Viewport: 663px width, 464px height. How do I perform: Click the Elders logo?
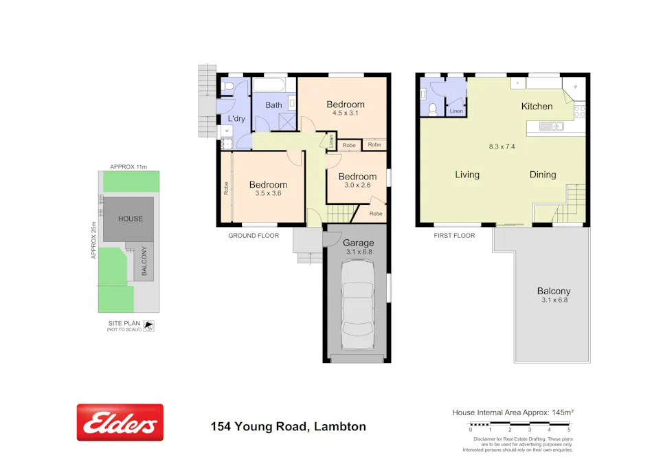click(x=120, y=422)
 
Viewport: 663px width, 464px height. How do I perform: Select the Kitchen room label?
click(x=537, y=107)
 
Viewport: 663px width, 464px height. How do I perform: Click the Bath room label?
click(x=273, y=105)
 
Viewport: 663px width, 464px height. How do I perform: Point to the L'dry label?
click(x=236, y=119)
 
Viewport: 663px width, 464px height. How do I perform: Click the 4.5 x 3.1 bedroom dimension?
click(x=345, y=113)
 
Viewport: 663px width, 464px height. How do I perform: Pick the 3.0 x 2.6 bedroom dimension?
click(x=357, y=185)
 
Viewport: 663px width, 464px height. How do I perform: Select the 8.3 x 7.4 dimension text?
click(x=502, y=146)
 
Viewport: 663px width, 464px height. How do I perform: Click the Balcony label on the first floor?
click(x=554, y=291)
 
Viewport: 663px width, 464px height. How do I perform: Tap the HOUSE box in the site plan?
click(x=130, y=219)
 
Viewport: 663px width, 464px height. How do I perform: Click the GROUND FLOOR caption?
click(x=254, y=236)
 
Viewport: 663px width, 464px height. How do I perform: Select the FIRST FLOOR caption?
click(x=454, y=236)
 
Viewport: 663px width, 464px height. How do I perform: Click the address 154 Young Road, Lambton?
click(x=288, y=427)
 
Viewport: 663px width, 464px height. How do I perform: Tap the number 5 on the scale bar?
click(x=569, y=430)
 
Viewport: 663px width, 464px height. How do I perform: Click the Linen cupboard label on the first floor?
click(x=456, y=111)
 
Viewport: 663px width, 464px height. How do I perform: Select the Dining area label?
click(x=542, y=175)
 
